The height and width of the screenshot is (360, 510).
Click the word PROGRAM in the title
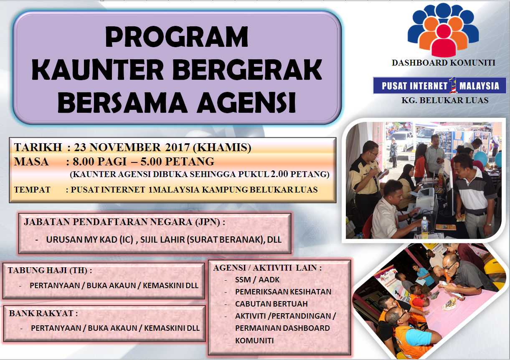pos(176,36)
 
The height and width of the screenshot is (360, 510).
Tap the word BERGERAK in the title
pos(247,69)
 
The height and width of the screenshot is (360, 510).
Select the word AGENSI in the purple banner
pos(246,102)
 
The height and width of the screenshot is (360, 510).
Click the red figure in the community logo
pos(444,41)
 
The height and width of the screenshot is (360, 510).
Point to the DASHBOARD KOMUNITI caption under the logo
pos(443,63)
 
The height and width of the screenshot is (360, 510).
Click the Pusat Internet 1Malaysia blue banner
pos(439,86)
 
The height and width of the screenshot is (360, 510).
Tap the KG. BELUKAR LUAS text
pos(445,100)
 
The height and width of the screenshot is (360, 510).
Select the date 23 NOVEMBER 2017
pos(132,147)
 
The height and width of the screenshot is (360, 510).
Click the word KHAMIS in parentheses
pos(222,147)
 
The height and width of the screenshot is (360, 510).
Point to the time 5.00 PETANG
pos(178,162)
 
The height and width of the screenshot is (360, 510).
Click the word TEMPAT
pos(32,190)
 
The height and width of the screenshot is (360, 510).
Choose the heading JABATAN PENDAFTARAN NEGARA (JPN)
pos(124,222)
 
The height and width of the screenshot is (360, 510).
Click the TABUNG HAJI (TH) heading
pos(50,270)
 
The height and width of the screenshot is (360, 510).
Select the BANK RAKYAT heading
pos(43,313)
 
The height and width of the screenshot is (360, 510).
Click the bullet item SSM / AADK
pos(257,280)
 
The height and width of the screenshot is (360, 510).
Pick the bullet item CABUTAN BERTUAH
pos(271,304)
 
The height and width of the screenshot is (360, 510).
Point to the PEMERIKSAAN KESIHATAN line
pos(283,292)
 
